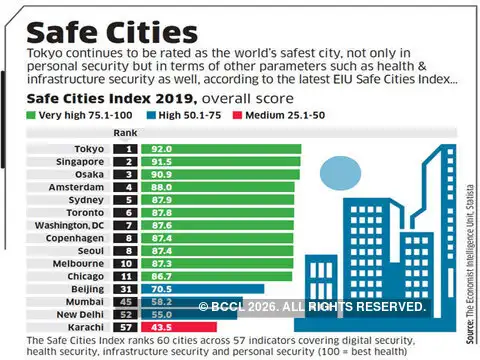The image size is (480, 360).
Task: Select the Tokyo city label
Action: [87, 148]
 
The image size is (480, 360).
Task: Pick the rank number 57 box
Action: [127, 326]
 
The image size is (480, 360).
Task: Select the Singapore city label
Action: [79, 161]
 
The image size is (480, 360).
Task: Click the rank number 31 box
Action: [127, 288]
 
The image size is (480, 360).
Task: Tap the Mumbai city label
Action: [84, 300]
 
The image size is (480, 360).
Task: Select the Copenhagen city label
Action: [74, 238]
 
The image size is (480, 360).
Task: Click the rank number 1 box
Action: [127, 148]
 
